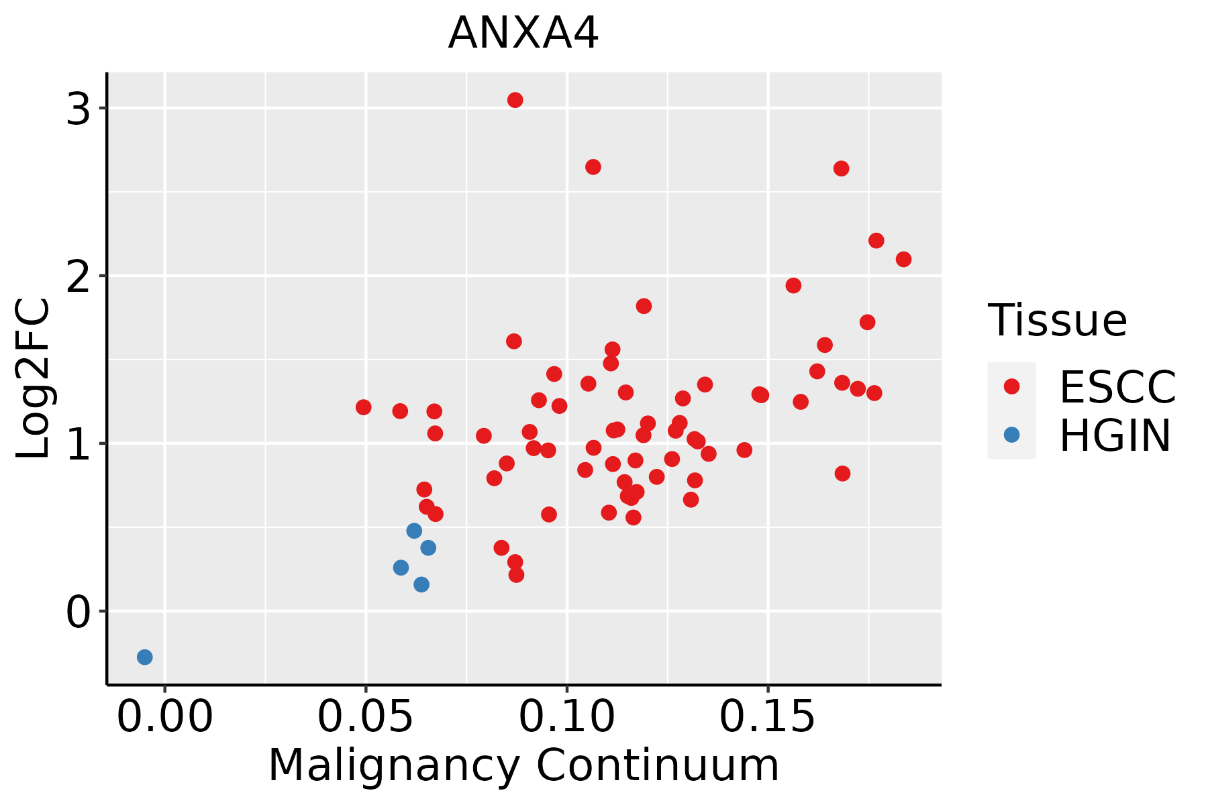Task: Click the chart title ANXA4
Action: click(523, 34)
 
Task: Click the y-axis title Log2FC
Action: click(34, 379)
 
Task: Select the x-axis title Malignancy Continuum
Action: click(523, 766)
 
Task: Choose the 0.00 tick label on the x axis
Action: click(165, 716)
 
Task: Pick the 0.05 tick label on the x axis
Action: click(366, 716)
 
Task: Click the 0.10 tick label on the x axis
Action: click(567, 716)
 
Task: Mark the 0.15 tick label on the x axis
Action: click(768, 716)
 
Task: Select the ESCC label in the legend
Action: click(1118, 387)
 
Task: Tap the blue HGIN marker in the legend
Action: click(1011, 435)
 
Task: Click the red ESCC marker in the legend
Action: click(1011, 386)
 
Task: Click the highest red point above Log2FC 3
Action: click(515, 100)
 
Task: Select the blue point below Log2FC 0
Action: click(145, 657)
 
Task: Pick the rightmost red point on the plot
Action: click(904, 259)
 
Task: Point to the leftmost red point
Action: click(364, 407)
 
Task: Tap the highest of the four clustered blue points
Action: click(414, 531)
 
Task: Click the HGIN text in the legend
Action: click(1115, 436)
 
